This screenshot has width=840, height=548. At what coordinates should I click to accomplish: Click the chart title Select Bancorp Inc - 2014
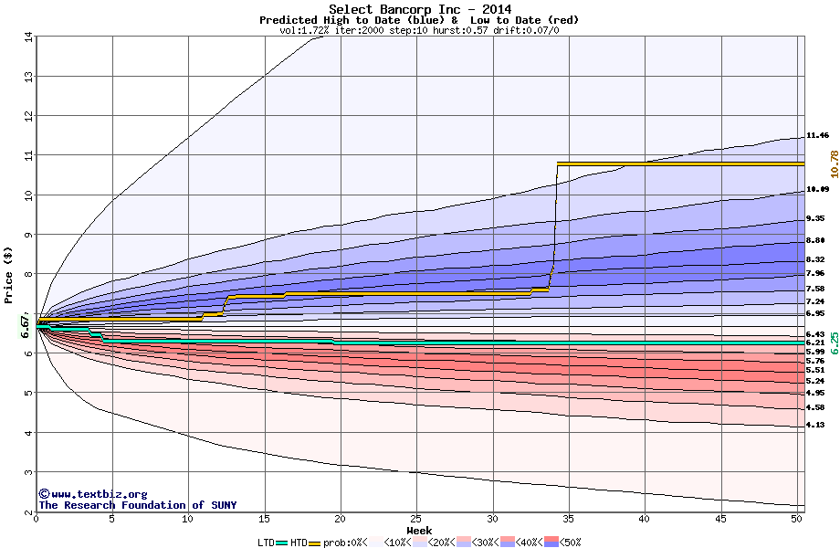coord(419,9)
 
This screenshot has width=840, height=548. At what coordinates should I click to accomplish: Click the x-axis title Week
coord(419,530)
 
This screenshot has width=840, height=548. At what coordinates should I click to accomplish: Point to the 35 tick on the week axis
coord(569,519)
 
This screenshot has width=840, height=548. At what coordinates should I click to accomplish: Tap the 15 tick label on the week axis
coord(264,519)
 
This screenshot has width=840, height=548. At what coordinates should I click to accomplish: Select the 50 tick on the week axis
coord(797,519)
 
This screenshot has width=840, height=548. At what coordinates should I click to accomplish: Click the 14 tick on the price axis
coord(28,37)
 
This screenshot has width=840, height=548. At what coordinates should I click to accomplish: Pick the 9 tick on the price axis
coord(28,235)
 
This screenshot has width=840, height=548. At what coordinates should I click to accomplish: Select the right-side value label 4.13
coord(816,426)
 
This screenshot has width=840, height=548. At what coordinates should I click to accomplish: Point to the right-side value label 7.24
coord(816,301)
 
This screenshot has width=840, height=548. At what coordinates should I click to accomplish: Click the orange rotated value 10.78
coord(834,163)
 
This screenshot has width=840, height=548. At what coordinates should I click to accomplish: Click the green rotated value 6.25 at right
coord(834,343)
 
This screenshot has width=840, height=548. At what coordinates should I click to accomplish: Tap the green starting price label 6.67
coord(26,326)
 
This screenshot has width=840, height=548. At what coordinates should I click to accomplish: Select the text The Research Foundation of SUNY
coord(137,505)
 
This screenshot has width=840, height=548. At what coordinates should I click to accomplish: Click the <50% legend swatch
coord(558,543)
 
